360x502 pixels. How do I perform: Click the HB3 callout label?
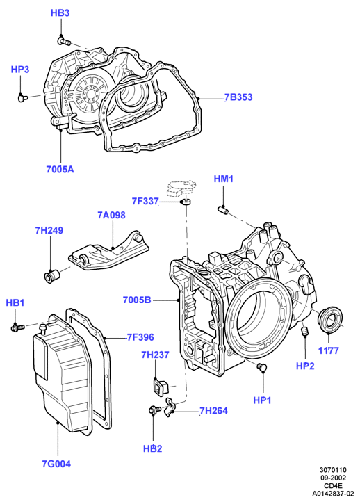[60, 13]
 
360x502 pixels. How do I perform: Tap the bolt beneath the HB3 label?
[63, 40]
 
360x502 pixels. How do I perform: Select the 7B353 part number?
[238, 97]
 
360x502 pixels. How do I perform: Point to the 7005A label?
[60, 169]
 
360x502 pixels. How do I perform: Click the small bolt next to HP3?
[22, 97]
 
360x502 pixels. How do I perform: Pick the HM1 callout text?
[224, 179]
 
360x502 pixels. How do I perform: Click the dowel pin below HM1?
[222, 210]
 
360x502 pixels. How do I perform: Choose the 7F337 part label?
[145, 201]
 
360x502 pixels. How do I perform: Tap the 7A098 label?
[111, 215]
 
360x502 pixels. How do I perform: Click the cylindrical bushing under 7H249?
[50, 275]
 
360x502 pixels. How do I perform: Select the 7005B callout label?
[137, 300]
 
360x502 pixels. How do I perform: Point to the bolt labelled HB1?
[17, 327]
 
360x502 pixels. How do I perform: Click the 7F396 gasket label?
[140, 337]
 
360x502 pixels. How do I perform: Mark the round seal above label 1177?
[330, 317]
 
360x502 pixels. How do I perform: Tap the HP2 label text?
[305, 366]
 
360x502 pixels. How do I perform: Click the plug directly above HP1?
[262, 368]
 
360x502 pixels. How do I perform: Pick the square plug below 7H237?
[159, 386]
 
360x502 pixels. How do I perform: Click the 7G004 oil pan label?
[56, 464]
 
